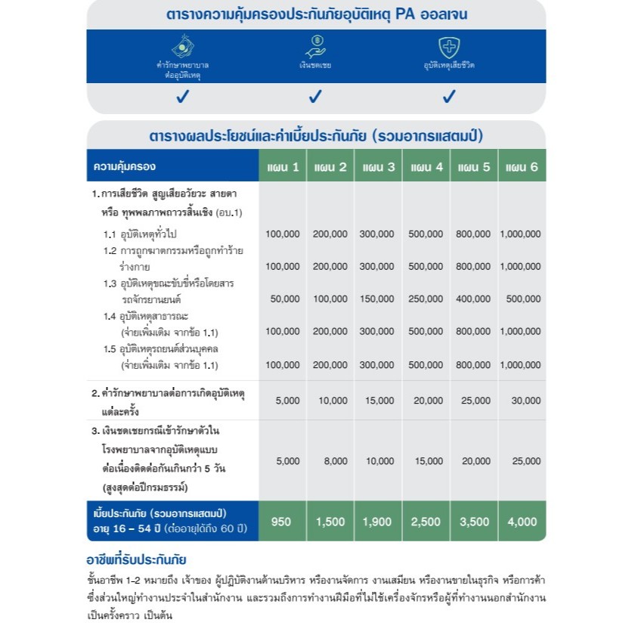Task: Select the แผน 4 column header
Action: click(426, 166)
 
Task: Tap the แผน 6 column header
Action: click(522, 166)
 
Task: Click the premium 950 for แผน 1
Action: click(282, 521)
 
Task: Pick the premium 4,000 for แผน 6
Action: click(522, 521)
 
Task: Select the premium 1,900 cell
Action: click(378, 521)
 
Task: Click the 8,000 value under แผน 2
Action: click(330, 460)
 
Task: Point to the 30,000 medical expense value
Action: click(522, 401)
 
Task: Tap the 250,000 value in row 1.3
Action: click(426, 299)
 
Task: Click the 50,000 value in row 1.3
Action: click(284, 299)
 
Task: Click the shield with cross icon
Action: click(449, 47)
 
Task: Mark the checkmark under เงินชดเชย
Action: click(315, 97)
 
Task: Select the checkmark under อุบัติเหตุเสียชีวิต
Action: click(449, 97)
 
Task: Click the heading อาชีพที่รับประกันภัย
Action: click(137, 560)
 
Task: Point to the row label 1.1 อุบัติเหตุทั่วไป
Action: click(144, 234)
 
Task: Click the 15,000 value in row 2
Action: click(378, 401)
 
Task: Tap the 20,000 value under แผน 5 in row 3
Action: click(474, 460)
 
